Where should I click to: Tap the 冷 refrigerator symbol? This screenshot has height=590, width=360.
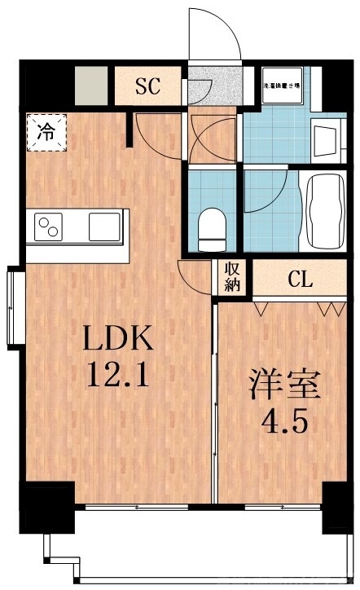[x=46, y=131]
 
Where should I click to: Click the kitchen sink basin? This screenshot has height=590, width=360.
[x=105, y=224]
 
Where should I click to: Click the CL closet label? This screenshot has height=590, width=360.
[x=300, y=280]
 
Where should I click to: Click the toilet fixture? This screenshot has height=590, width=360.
[x=213, y=227]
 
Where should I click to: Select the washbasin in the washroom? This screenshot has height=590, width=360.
[x=325, y=143]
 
